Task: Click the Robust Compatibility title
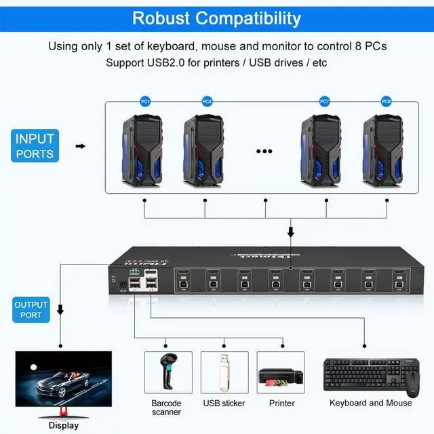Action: pyautogui.click(x=216, y=17)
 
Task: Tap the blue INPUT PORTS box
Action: pyautogui.click(x=35, y=146)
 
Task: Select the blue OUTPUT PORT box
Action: pyautogui.click(x=31, y=310)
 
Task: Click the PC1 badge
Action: pyautogui.click(x=144, y=102)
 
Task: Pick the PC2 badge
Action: pyautogui.click(x=207, y=102)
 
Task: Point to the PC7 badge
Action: pyautogui.click(x=325, y=102)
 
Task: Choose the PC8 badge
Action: pyautogui.click(x=386, y=102)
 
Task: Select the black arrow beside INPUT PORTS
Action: pyautogui.click(x=80, y=146)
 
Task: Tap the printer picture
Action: pyautogui.click(x=281, y=375)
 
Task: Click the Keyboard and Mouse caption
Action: pyautogui.click(x=370, y=403)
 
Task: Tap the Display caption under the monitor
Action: pyautogui.click(x=63, y=426)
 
